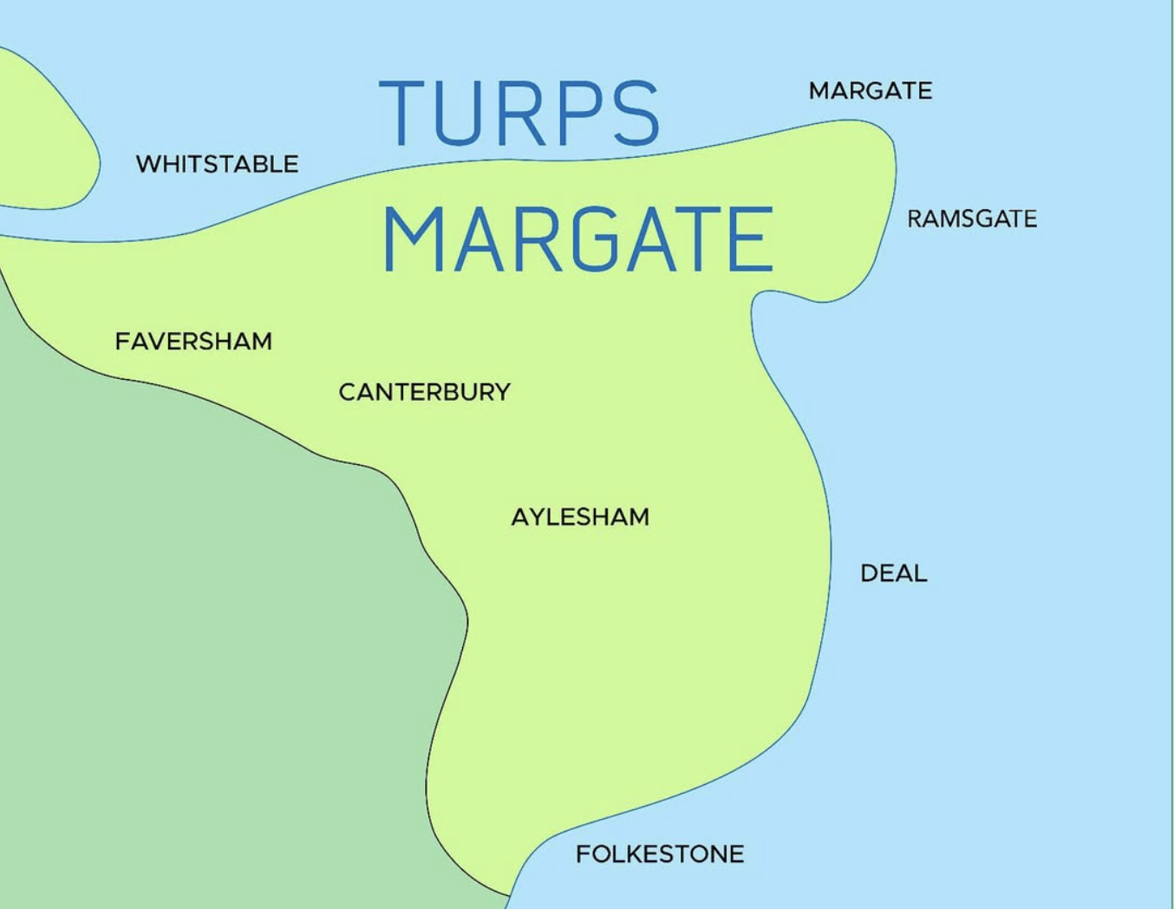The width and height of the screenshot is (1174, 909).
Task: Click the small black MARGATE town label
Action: [x=870, y=91]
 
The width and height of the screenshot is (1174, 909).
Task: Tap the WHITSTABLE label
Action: [x=217, y=164]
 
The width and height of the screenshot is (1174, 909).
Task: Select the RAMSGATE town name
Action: [x=971, y=219]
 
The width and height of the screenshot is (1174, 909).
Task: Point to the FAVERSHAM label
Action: [x=193, y=341]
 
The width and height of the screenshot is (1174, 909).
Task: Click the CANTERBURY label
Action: [x=424, y=392]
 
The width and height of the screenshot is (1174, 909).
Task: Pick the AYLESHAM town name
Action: [x=580, y=517]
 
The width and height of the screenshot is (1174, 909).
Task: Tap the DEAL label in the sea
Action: [x=893, y=573]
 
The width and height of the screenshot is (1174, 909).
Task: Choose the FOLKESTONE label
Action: [x=660, y=854]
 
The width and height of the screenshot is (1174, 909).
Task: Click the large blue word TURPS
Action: [x=519, y=114]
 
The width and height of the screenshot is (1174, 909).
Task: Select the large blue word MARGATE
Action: [x=577, y=240]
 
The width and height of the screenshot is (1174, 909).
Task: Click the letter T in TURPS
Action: [x=405, y=114]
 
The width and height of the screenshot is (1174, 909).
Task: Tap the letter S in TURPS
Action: [x=633, y=114]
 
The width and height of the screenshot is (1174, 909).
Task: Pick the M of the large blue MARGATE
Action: [x=413, y=240]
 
